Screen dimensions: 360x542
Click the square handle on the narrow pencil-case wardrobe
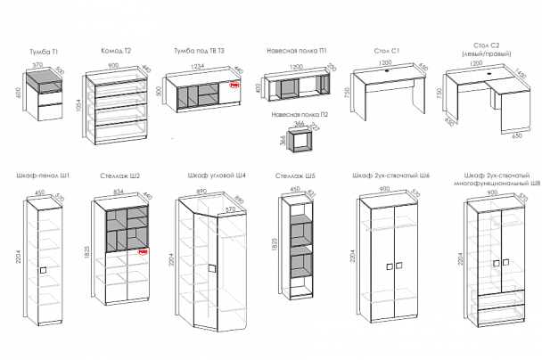pos(42,266)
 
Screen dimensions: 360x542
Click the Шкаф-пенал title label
pos(42,175)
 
